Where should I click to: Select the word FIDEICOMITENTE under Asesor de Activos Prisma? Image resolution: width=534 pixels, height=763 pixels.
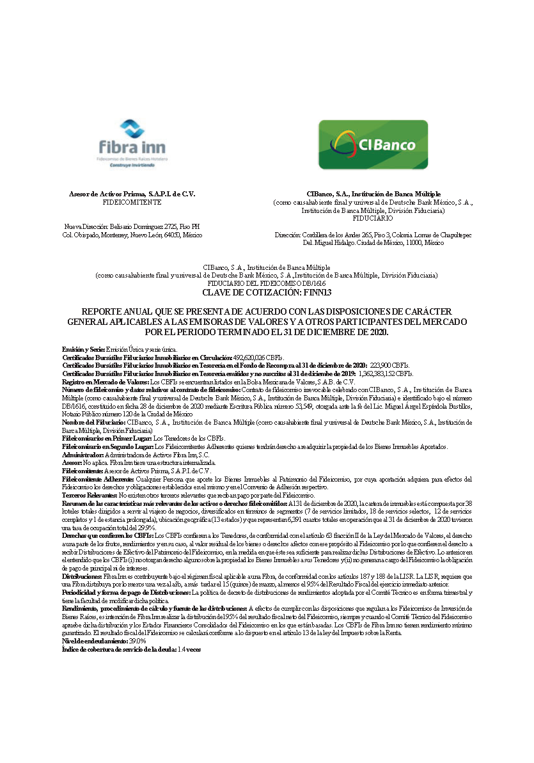132,202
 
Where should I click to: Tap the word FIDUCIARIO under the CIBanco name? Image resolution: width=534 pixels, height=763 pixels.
373,218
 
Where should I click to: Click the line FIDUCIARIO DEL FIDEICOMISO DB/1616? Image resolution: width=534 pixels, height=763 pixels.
267,283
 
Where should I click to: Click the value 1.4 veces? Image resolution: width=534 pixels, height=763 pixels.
190,649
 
